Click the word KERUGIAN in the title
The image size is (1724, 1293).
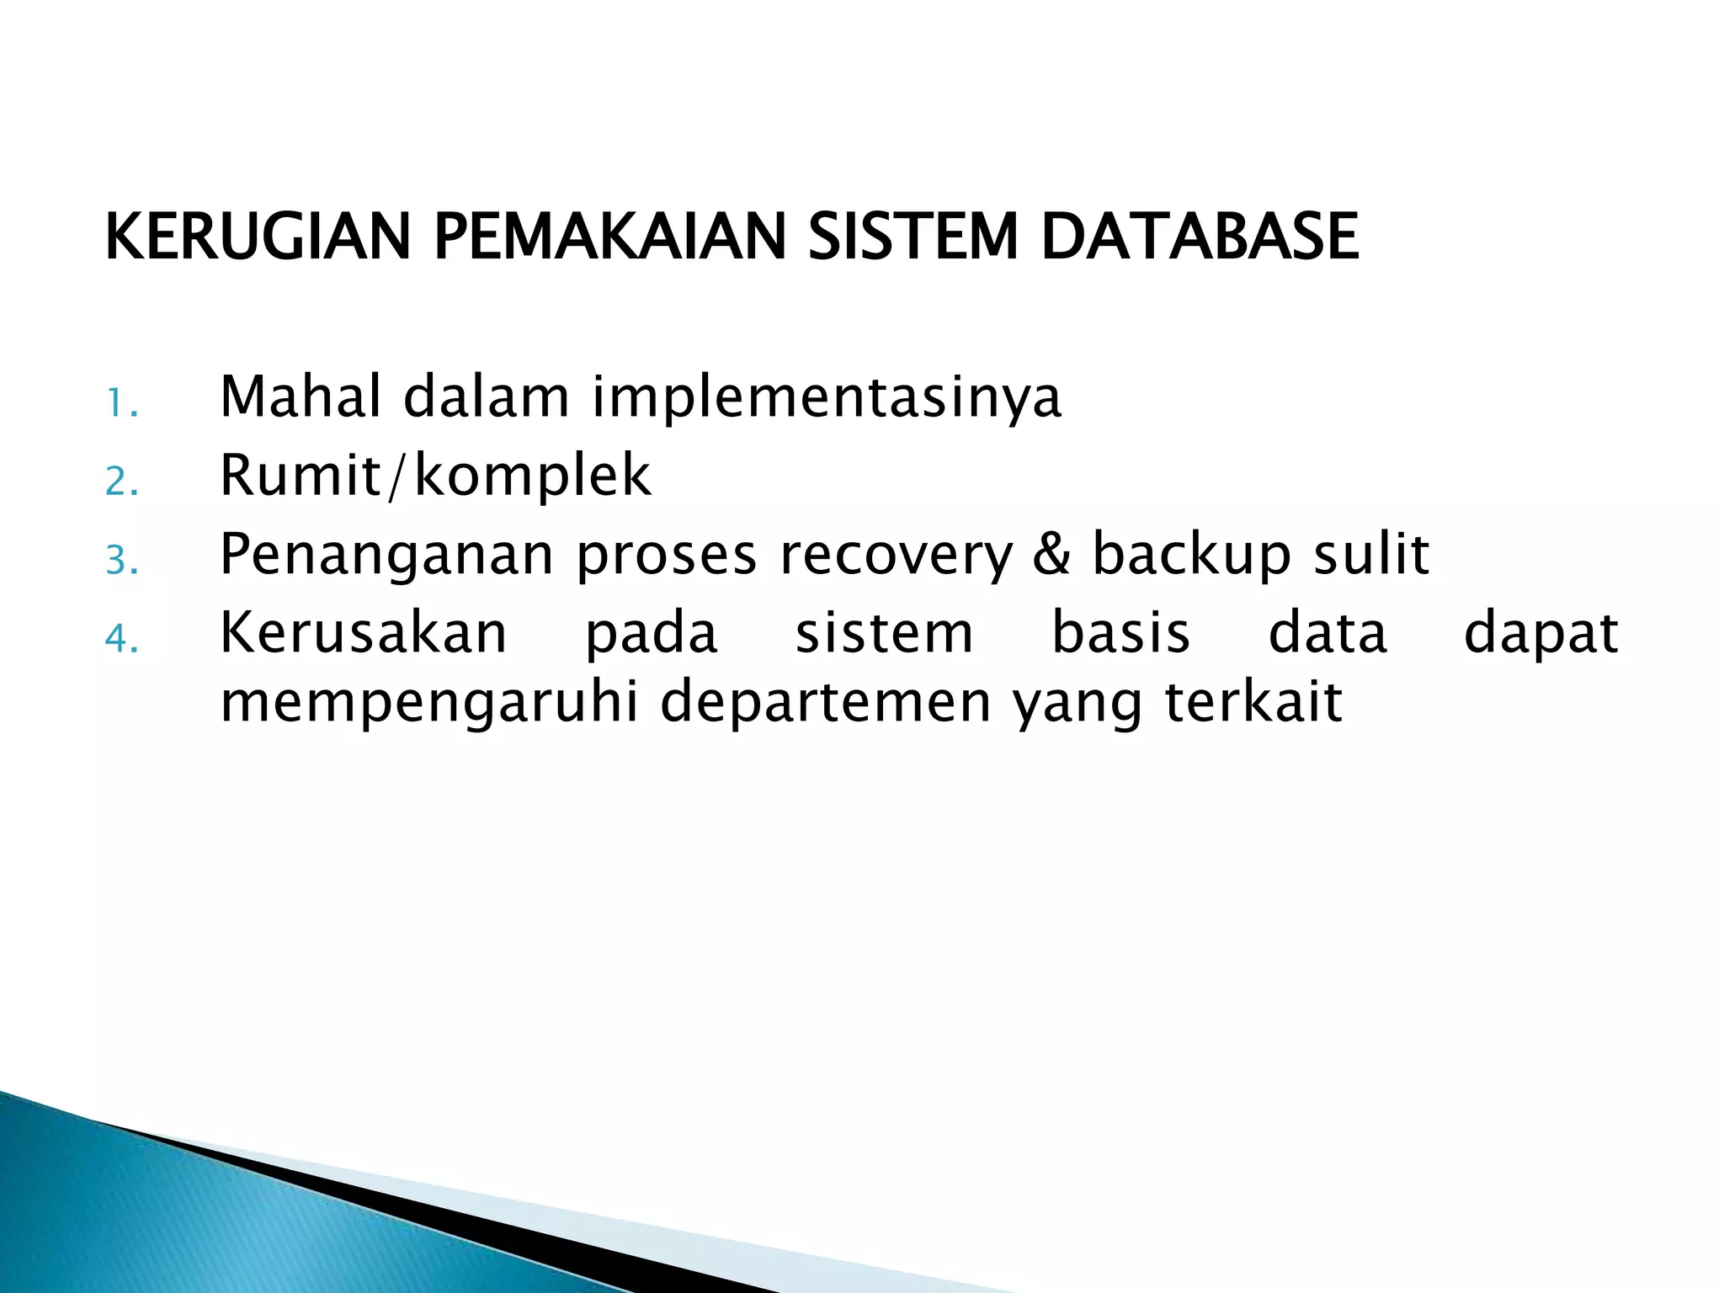click(258, 237)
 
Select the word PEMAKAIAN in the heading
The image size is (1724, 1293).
click(609, 237)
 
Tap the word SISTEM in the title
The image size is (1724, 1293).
click(913, 237)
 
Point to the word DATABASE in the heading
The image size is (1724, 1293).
click(1199, 237)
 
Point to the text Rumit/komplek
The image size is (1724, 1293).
click(435, 476)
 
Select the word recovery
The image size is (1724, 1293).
click(897, 556)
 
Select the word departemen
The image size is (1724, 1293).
click(826, 704)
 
